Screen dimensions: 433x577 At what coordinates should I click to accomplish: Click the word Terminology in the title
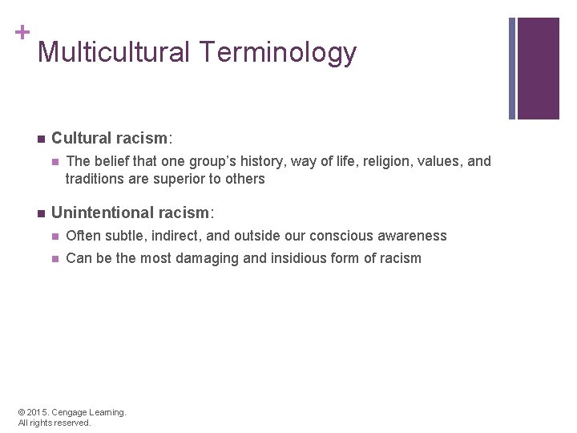click(x=278, y=53)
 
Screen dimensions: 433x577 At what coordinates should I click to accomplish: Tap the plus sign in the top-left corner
click(x=22, y=32)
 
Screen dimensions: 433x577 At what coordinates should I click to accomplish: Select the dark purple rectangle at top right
click(x=539, y=68)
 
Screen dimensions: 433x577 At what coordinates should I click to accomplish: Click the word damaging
click(x=218, y=258)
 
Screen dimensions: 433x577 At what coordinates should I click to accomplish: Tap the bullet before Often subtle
click(x=54, y=236)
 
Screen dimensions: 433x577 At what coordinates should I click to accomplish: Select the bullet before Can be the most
click(x=54, y=258)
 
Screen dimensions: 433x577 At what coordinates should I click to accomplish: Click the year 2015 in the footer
click(x=38, y=412)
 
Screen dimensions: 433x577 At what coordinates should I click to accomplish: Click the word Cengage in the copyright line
click(x=71, y=412)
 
